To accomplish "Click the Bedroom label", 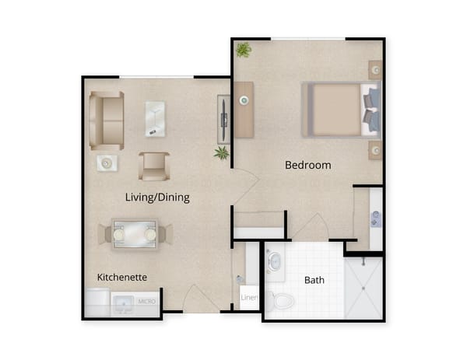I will coord(307,165).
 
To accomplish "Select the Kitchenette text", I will coord(122,277).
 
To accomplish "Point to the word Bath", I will coord(314,280).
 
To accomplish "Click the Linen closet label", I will coord(248,297).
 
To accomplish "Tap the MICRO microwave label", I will coord(147,301).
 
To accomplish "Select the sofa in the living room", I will coord(107,121).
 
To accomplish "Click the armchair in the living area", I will coord(154,166).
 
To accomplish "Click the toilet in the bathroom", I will coord(281,299).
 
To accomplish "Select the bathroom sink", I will coord(276,263).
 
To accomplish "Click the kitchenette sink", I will coord(123,303).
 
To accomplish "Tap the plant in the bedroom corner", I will coord(244,50).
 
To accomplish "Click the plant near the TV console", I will coord(222,152).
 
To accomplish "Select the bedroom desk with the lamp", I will coord(244,109).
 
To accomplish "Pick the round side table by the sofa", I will coord(107,163).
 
